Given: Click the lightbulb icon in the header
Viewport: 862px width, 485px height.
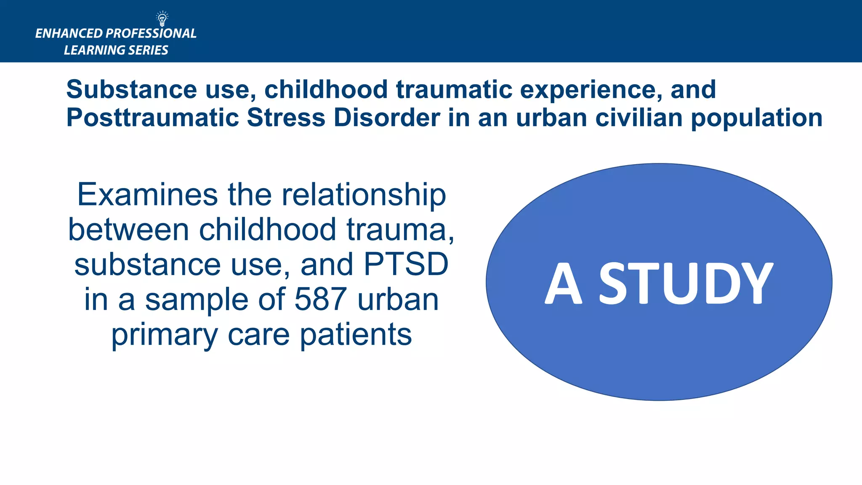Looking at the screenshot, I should click(162, 19).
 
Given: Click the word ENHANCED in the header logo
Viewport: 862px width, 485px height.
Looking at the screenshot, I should click(69, 34).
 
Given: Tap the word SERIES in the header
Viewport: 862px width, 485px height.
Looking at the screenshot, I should click(148, 50).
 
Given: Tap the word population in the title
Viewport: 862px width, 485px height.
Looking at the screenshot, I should click(756, 118).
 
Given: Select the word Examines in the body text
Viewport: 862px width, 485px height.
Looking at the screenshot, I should click(147, 195).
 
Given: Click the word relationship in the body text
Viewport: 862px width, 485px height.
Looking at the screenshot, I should click(364, 195).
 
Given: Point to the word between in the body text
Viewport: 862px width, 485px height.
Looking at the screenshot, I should click(128, 230).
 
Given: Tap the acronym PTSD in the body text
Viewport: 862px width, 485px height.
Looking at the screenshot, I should click(406, 265).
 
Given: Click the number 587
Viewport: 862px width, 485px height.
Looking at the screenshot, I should click(321, 299).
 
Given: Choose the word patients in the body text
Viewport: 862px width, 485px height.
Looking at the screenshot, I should click(356, 335).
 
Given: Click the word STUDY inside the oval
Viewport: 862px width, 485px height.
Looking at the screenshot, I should click(686, 283).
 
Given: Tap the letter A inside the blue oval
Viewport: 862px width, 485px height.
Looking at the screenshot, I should click(564, 283).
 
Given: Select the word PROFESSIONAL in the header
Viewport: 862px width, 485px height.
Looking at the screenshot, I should click(151, 34).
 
